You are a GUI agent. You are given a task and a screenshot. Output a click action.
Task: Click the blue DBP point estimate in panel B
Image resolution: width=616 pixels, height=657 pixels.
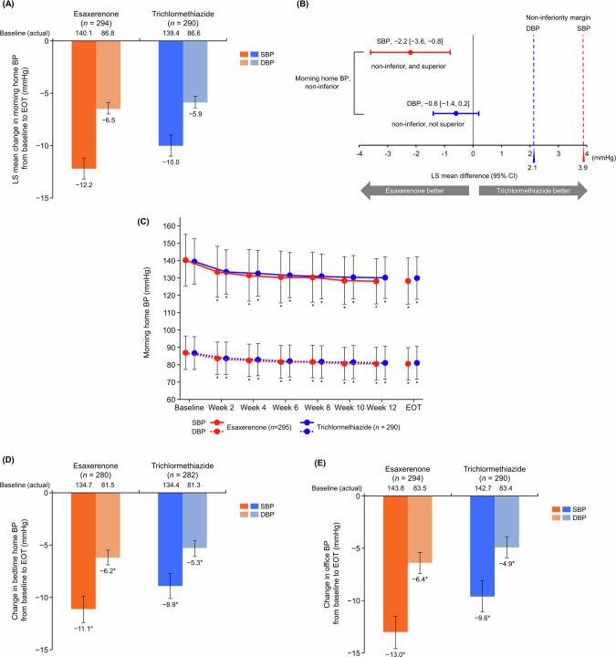tap(456, 114)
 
